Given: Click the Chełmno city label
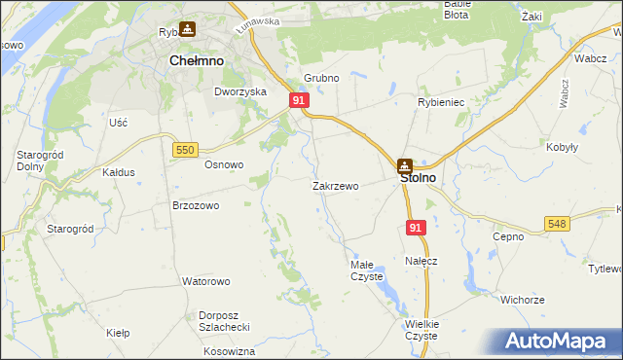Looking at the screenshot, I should pos(197,60).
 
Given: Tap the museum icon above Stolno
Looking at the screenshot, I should pos(404,164).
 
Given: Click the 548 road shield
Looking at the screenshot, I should pos(557,224).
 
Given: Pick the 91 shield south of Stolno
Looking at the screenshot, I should pos(416,228).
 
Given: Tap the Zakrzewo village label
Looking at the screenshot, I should pos(336,186).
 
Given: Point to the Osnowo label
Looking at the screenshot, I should pos(223,164).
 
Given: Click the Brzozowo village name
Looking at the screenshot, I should pos(196,206).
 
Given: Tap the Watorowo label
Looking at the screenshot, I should pos(205,281).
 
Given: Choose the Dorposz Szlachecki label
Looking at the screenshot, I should pos(225,321).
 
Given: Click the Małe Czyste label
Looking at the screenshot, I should pos(368,270).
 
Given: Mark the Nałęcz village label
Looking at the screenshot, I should pos(421,262).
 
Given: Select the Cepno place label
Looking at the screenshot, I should pos(508,236).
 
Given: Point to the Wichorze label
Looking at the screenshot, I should pos(523,300).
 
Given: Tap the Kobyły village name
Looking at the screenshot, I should pos(562,147).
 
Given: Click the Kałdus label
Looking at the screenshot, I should pos(118,171).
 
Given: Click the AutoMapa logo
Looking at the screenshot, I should pos(559,341).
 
